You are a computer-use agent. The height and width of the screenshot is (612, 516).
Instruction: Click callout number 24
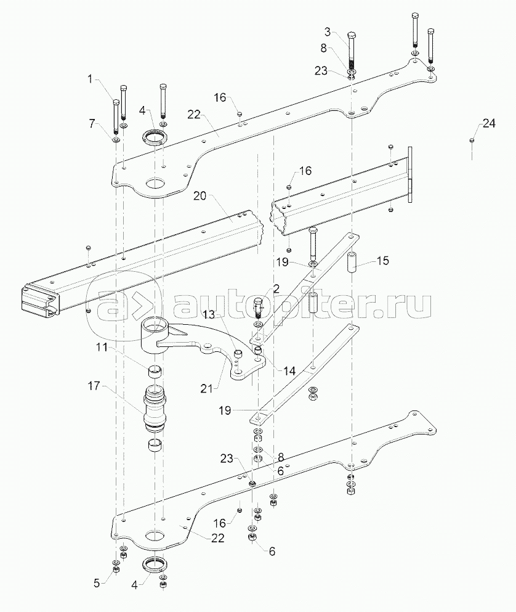coord(489,123)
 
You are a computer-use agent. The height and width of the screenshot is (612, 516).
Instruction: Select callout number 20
coord(200,195)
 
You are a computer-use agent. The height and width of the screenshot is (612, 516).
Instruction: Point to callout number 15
coord(383,260)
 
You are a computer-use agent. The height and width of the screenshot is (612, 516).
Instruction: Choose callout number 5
coord(97,584)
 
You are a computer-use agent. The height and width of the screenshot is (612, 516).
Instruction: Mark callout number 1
coord(91,80)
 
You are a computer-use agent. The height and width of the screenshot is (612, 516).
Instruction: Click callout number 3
coord(327,32)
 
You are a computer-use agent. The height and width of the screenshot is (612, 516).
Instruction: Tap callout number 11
coord(102,347)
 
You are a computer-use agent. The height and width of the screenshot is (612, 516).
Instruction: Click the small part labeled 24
coord(472,140)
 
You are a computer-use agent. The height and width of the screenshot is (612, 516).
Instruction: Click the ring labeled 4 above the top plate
coord(155,138)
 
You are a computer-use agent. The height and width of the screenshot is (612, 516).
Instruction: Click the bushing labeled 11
coord(155,372)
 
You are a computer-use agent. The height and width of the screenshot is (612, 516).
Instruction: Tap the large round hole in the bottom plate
coord(155,535)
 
